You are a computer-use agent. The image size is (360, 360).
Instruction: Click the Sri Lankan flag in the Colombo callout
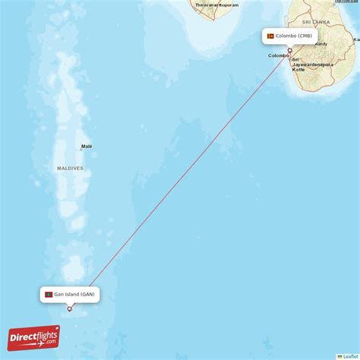(270, 36)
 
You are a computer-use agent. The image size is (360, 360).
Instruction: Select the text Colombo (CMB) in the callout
(294, 36)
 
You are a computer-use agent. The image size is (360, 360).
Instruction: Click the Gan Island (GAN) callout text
(74, 294)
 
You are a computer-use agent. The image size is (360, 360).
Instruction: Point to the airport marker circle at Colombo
(289, 49)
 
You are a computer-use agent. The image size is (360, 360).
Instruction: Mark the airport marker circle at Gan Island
(70, 308)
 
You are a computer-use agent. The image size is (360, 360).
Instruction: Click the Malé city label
(87, 146)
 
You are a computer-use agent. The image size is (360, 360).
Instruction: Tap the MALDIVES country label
(69, 168)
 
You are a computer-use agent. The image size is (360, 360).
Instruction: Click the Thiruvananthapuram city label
(216, 5)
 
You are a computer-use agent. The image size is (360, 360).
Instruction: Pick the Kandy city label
(322, 43)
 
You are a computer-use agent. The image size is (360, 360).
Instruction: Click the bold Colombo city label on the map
(278, 55)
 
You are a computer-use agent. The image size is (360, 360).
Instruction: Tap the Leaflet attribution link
(350, 356)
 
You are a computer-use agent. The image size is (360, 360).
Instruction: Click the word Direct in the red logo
(24, 336)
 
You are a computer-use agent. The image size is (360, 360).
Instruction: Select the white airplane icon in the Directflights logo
(54, 331)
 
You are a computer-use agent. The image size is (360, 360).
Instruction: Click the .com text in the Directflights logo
(50, 343)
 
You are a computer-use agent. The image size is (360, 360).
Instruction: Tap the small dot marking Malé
(81, 150)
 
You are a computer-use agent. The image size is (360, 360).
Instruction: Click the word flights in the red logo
(44, 335)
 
